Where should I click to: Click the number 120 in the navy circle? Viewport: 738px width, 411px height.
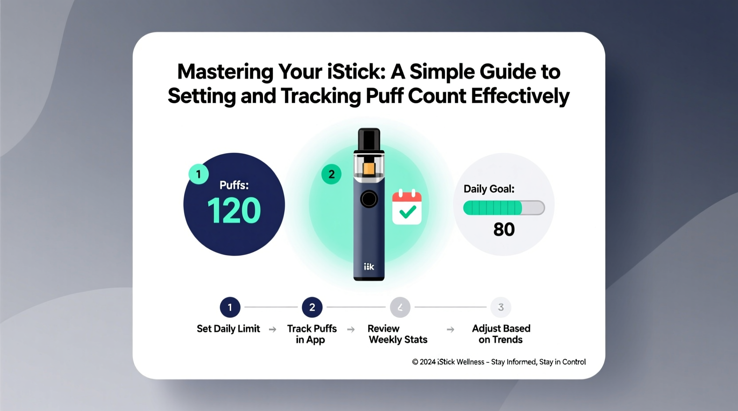tap(234, 210)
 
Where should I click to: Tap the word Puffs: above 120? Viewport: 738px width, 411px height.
tap(234, 185)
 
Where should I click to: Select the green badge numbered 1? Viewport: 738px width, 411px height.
tap(198, 174)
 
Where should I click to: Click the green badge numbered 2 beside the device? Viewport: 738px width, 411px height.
tap(331, 174)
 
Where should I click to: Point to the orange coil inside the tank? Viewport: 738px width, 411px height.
tap(369, 169)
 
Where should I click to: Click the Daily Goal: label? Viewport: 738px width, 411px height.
tap(489, 189)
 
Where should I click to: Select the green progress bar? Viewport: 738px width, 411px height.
tap(503, 208)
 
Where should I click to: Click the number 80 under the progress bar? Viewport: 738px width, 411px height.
tap(504, 229)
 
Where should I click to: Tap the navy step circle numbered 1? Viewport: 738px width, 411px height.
tap(230, 307)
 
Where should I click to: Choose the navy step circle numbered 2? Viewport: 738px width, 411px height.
tap(312, 307)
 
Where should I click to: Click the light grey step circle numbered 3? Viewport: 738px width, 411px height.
tap(501, 307)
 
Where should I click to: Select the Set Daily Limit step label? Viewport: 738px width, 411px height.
tap(228, 329)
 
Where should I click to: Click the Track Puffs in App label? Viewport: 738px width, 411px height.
tap(312, 334)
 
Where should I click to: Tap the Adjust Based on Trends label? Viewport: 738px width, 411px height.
tap(501, 334)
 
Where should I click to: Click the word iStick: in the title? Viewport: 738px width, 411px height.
tap(356, 72)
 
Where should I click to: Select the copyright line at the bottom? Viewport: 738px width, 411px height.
tap(499, 362)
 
